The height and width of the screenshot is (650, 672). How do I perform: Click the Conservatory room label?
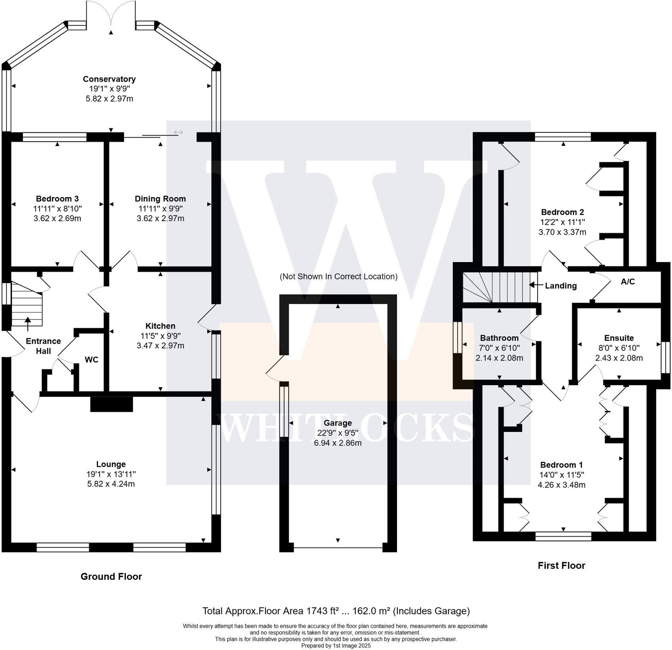click(x=109, y=79)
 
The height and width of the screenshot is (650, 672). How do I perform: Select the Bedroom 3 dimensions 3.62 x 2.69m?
click(x=57, y=218)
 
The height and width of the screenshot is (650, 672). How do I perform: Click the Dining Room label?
click(x=160, y=199)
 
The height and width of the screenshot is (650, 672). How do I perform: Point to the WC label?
click(x=92, y=359)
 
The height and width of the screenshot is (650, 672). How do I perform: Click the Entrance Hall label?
click(x=43, y=346)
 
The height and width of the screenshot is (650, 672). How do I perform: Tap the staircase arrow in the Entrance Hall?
click(x=28, y=323)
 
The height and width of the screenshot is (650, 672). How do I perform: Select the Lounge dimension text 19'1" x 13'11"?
click(x=111, y=474)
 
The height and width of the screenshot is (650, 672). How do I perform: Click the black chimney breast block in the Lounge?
click(x=111, y=405)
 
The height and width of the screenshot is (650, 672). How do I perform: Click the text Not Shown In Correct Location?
click(x=338, y=276)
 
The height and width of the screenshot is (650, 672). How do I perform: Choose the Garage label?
click(x=338, y=423)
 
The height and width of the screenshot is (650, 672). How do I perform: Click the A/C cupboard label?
click(x=628, y=281)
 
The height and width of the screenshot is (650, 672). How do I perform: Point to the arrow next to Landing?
click(x=535, y=285)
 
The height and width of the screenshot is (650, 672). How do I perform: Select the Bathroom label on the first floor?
click(x=499, y=338)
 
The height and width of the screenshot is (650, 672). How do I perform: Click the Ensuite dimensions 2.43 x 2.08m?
click(x=619, y=358)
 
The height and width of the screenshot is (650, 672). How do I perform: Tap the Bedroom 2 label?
click(x=562, y=212)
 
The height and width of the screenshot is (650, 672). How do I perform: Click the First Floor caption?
click(x=561, y=565)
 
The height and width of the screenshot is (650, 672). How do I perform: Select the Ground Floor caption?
click(x=111, y=576)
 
